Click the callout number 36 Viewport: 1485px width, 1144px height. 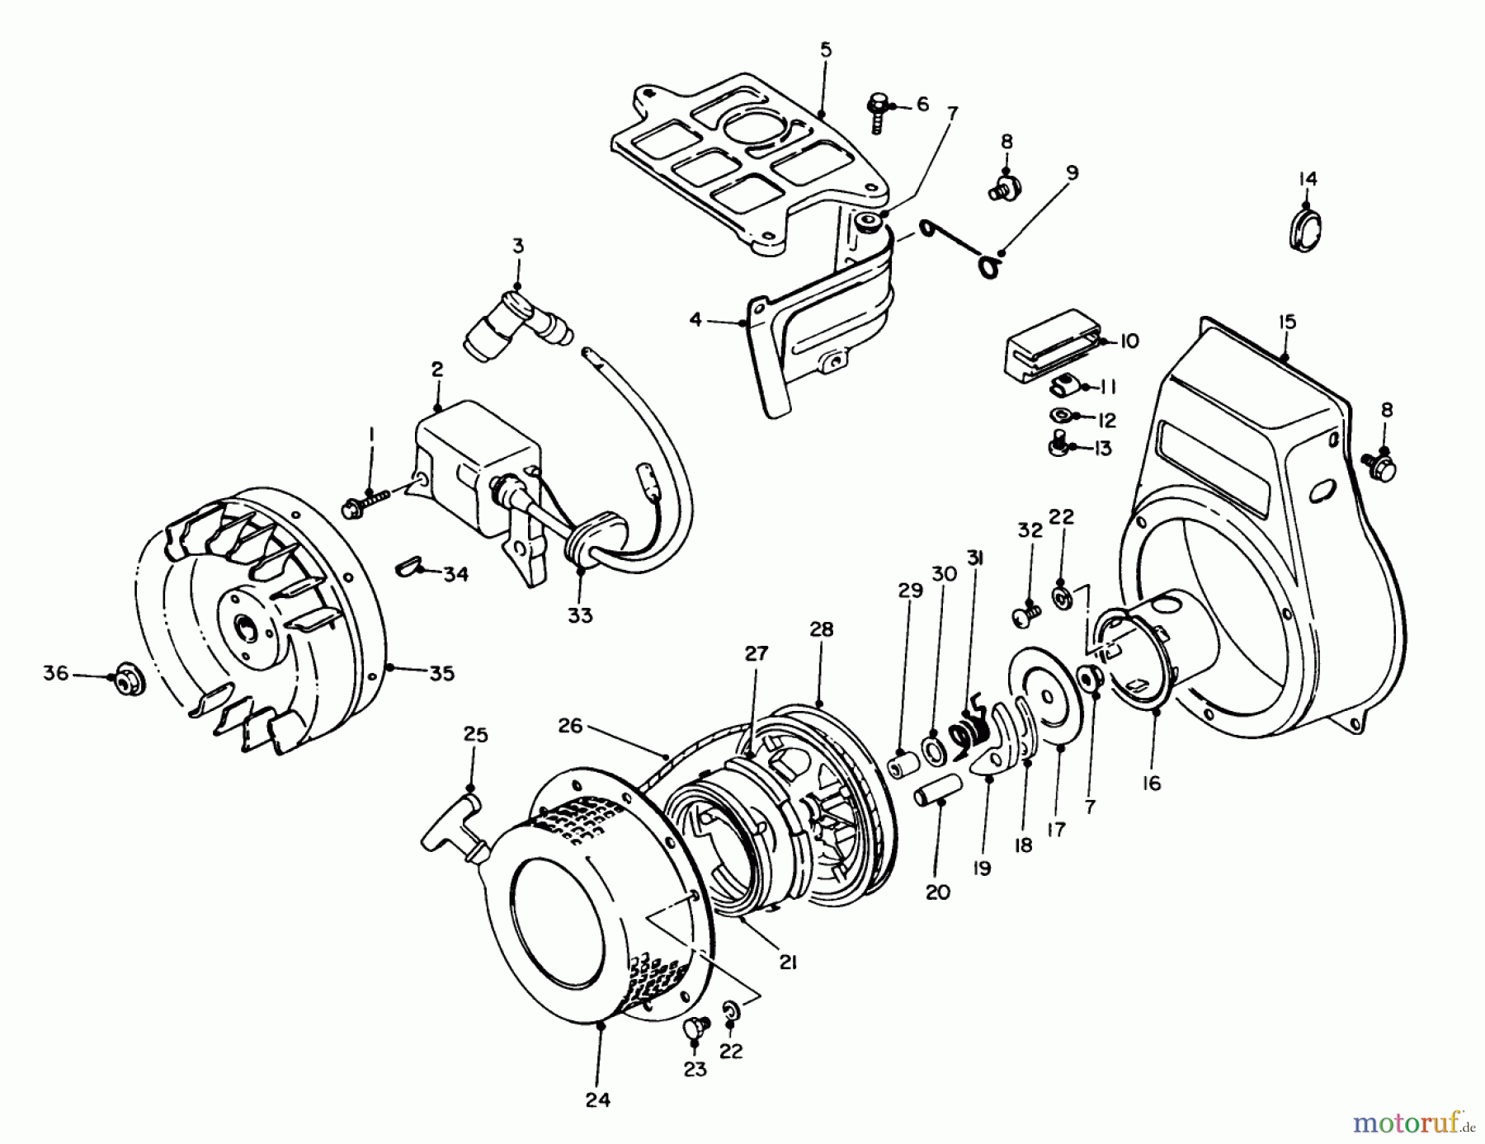(55, 674)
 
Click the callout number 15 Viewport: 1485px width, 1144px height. (1286, 321)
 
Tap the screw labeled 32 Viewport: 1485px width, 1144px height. (1025, 614)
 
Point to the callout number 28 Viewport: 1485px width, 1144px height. (821, 629)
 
